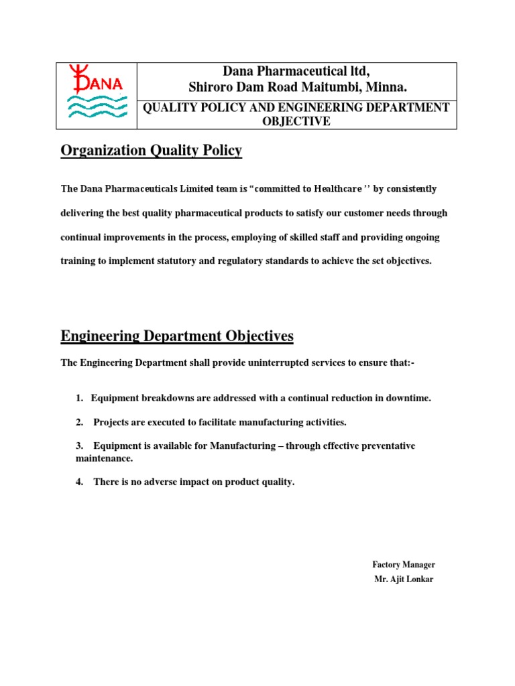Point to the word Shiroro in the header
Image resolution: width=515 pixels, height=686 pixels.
pyautogui.click(x=210, y=88)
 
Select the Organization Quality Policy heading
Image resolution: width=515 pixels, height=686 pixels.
pyautogui.click(x=151, y=151)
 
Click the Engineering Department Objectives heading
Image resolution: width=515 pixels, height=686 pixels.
pyautogui.click(x=177, y=336)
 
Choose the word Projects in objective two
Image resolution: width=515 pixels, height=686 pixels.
pyautogui.click(x=112, y=422)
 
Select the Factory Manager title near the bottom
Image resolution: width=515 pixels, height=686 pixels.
pyautogui.click(x=404, y=565)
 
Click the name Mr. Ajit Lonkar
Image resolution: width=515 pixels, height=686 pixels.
pyautogui.click(x=404, y=579)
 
